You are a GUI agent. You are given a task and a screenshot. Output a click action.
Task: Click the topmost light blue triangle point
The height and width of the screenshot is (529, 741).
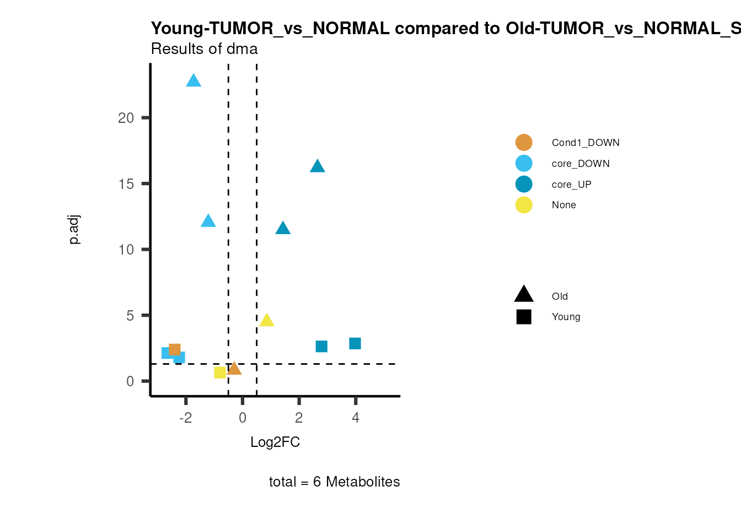[x=194, y=81]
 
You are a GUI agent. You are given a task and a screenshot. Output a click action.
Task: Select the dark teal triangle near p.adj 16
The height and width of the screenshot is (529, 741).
[x=317, y=166]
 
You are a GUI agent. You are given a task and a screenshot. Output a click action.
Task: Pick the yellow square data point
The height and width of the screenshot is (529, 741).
[x=220, y=373]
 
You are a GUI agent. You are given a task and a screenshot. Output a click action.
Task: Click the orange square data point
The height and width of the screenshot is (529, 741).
[x=175, y=349]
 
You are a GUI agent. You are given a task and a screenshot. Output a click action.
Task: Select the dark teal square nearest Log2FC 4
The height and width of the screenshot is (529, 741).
[x=355, y=343]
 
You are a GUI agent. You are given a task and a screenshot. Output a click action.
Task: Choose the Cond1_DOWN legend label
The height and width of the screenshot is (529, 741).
[x=586, y=143]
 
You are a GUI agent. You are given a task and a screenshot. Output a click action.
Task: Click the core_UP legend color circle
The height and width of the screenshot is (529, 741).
[x=524, y=184]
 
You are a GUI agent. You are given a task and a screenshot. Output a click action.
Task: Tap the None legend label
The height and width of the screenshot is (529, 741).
[x=563, y=205]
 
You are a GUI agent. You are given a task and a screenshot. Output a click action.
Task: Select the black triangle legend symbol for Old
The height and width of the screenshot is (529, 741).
[x=524, y=295]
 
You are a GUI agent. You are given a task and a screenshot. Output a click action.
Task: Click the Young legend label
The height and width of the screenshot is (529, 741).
[x=566, y=317]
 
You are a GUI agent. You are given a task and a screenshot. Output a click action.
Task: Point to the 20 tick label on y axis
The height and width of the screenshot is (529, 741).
[x=126, y=118]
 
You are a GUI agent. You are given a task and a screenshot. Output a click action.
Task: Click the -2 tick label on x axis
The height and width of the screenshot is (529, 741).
[x=186, y=418]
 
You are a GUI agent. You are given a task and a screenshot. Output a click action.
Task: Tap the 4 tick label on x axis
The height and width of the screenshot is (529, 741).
[x=356, y=418]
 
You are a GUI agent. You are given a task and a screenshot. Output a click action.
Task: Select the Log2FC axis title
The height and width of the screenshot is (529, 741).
[x=275, y=442]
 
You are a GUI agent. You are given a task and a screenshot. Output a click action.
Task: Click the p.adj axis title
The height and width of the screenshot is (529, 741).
[x=74, y=229]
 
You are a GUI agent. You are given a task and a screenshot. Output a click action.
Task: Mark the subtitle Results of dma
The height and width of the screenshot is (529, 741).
[x=205, y=49]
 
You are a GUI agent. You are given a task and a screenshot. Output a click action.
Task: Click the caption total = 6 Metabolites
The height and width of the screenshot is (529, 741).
[x=334, y=482]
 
